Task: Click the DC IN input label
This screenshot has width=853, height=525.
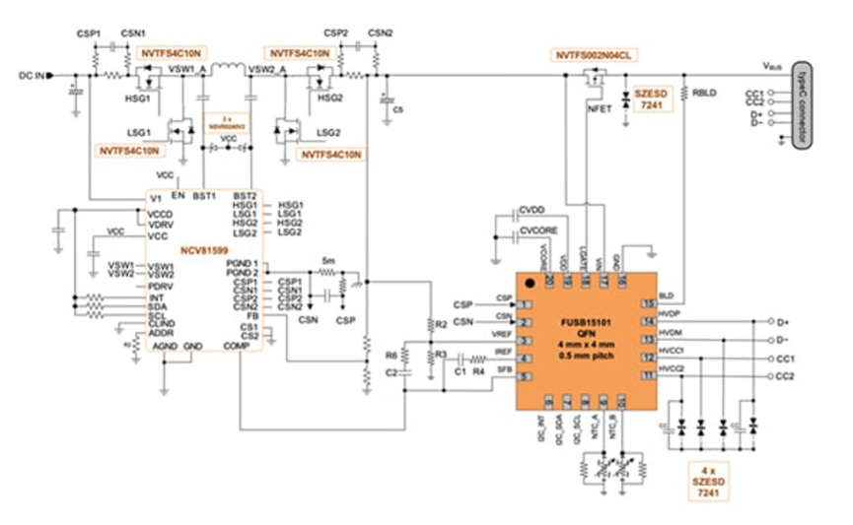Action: click(x=33, y=74)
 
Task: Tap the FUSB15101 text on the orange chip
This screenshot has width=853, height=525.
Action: click(x=582, y=321)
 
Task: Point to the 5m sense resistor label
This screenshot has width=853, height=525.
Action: click(x=327, y=261)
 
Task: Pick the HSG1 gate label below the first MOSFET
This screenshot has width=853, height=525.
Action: click(x=139, y=98)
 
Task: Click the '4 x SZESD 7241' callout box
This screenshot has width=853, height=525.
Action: click(x=704, y=478)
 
